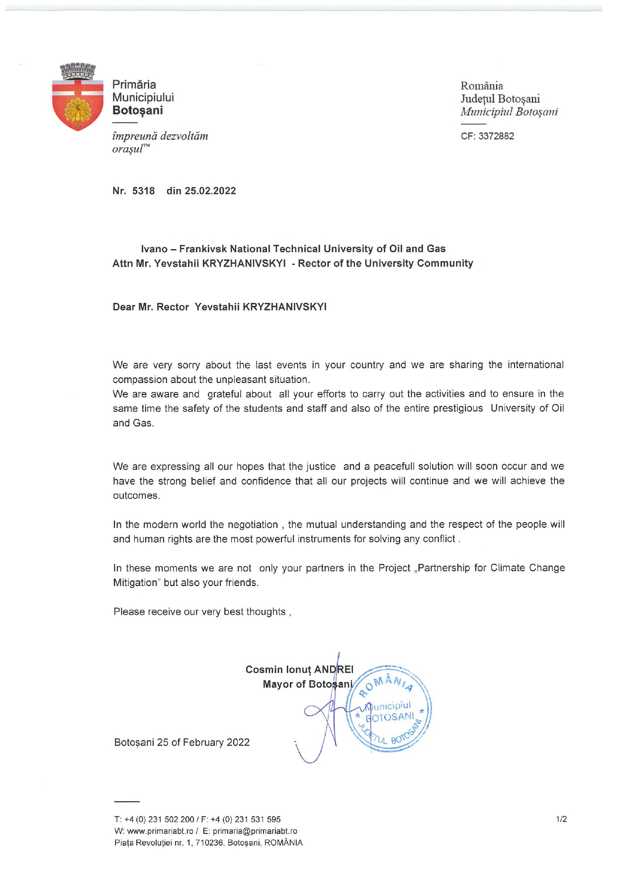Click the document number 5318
[143, 191]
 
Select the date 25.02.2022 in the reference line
[210, 191]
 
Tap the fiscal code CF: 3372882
[487, 136]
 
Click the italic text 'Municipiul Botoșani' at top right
[509, 112]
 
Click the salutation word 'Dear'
[124, 307]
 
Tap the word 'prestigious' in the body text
[457, 408]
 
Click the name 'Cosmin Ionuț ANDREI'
[299, 670]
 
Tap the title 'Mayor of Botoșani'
[307, 684]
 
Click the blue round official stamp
[389, 709]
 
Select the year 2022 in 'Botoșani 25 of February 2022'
[238, 743]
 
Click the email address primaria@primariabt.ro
[255, 831]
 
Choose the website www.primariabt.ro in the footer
[160, 831]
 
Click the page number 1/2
[561, 819]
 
